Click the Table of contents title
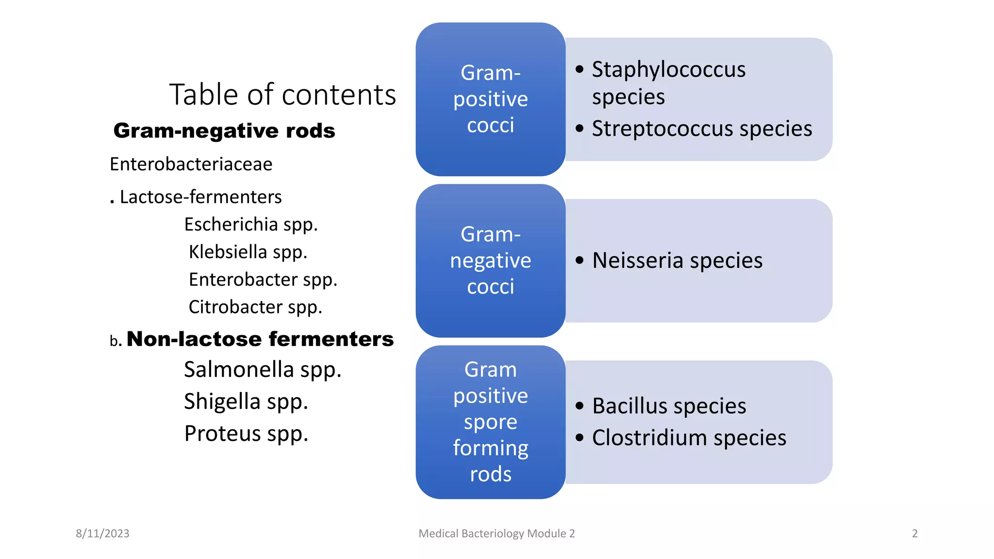282,95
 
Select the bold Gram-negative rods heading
224,131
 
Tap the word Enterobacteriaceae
191,164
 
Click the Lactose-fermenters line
200,197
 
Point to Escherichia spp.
251,225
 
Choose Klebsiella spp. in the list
248,252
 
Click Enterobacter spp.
263,280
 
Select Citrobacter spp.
255,307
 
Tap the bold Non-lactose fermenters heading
260,339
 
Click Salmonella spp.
263,370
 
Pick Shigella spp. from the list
246,402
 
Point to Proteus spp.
246,434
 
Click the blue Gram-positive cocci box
490,99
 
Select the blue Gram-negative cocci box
490,261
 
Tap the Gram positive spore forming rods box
490,422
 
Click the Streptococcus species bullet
701,129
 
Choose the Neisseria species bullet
677,261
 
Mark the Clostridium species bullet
689,438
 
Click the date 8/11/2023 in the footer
102,533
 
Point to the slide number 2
914,533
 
